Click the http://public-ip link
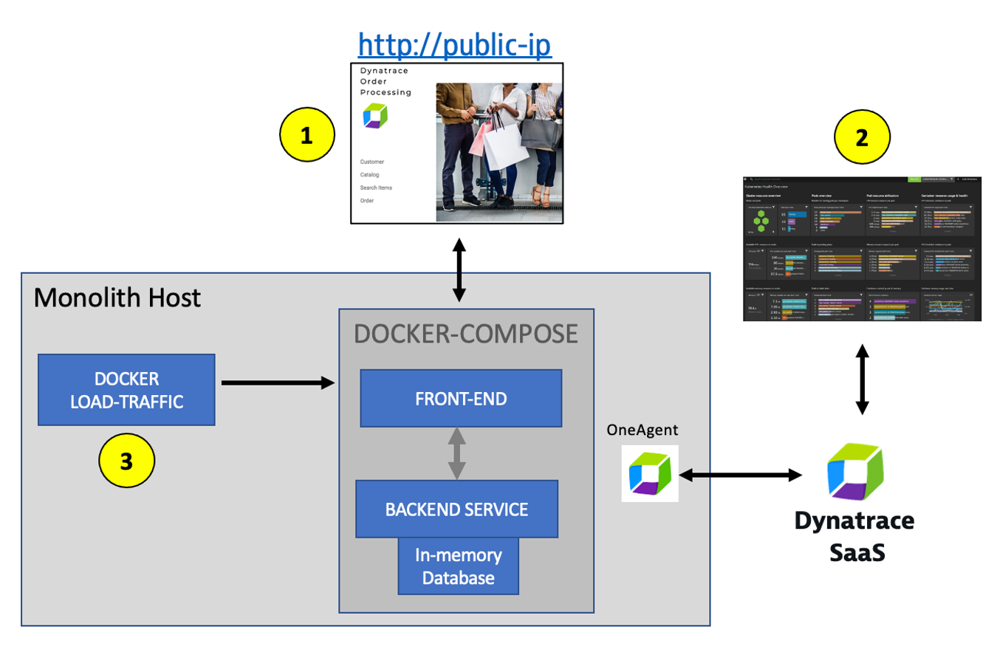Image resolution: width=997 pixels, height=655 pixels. click(455, 45)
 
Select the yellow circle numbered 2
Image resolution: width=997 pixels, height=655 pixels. click(862, 138)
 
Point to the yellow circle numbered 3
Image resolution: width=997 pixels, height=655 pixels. click(126, 462)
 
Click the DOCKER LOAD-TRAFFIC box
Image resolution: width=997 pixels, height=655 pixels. click(126, 389)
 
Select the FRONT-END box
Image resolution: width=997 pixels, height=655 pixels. click(461, 398)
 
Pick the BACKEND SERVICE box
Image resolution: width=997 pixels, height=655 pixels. click(456, 509)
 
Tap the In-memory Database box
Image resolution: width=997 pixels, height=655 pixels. click(458, 566)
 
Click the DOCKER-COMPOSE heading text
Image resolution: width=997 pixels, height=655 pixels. click(465, 334)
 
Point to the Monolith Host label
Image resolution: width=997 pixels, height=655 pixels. click(117, 297)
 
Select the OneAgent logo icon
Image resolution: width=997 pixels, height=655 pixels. click(649, 473)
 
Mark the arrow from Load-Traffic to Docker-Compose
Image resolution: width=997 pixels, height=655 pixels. click(278, 383)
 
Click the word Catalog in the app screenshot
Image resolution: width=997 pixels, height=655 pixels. click(370, 175)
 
